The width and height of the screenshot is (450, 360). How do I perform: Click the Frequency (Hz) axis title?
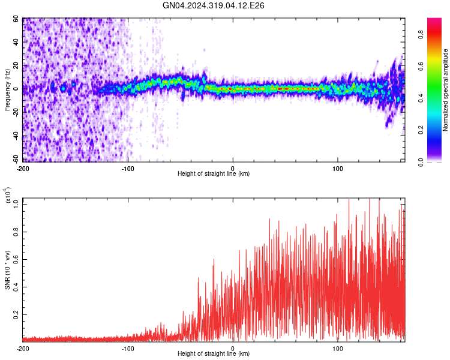click(x=7, y=90)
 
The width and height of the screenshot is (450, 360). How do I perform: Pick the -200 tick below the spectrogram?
click(x=23, y=167)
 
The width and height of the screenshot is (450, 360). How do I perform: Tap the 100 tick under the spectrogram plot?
click(x=338, y=167)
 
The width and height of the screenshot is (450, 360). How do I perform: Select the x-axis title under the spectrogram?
click(x=214, y=174)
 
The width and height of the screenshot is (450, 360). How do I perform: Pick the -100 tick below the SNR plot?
click(x=128, y=348)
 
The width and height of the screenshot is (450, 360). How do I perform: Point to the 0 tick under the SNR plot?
click(x=233, y=348)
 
